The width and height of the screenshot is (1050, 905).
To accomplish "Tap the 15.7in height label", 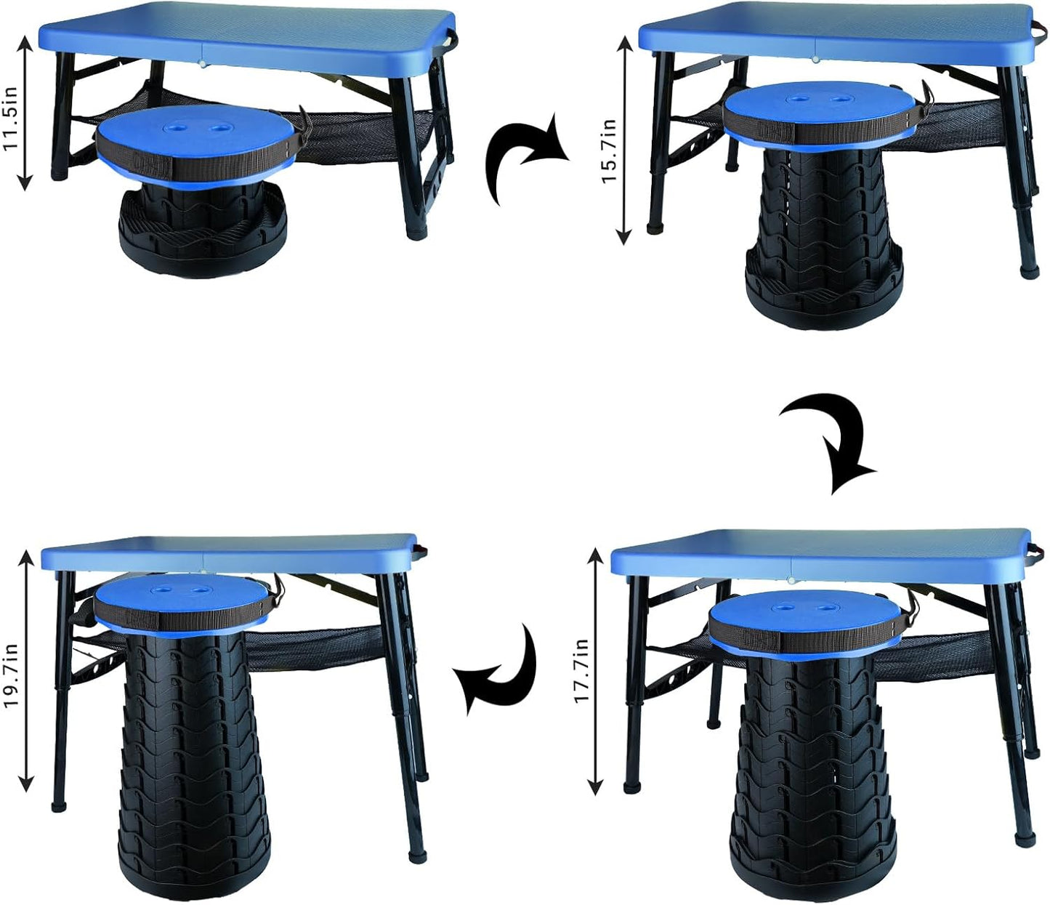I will (x=609, y=151).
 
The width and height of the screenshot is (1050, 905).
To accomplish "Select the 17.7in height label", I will (x=581, y=671).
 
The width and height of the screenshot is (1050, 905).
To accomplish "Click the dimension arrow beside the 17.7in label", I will (x=596, y=671).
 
